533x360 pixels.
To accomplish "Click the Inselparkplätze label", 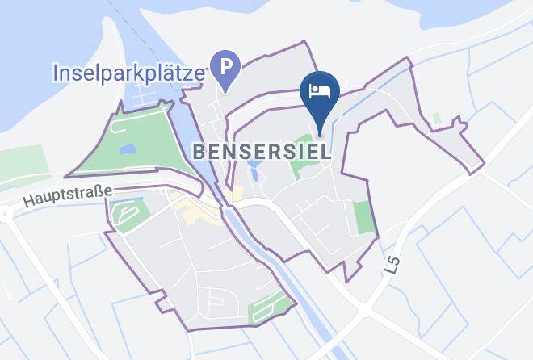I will (127, 73).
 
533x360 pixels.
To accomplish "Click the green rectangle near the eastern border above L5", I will (364, 216).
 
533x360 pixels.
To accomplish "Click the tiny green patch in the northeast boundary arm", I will (437, 119).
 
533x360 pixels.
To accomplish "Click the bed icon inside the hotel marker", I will (320, 89).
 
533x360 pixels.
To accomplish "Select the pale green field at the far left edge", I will (24, 165).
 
